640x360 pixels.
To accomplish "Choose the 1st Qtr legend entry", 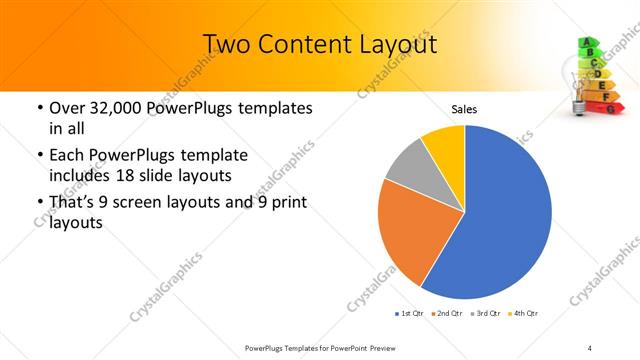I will click(408, 314).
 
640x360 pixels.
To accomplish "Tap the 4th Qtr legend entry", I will click(523, 314).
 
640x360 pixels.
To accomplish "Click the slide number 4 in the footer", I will click(590, 347).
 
